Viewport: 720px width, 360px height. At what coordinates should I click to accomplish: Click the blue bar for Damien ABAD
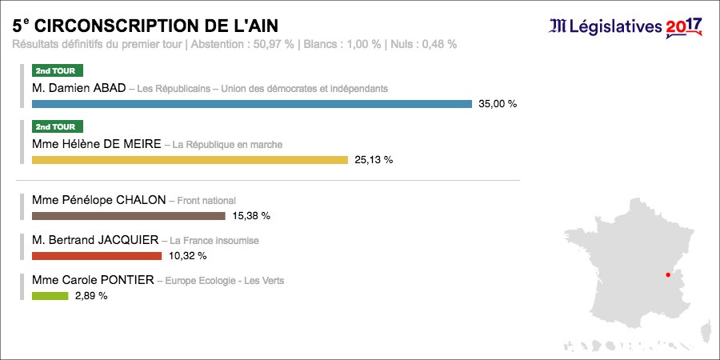(251, 104)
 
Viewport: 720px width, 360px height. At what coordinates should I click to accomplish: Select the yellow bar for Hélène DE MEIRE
(190, 160)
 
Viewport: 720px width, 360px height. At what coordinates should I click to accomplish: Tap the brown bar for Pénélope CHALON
(128, 216)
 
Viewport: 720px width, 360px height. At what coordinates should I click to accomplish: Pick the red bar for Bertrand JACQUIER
(96, 256)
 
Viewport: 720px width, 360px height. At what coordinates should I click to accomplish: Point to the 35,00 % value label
(498, 104)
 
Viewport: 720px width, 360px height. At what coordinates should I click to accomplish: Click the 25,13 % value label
(374, 160)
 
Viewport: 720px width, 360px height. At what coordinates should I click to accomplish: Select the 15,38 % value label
(251, 216)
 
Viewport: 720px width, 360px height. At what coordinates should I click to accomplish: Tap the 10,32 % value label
(187, 256)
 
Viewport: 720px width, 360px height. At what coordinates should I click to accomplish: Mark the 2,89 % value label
(91, 296)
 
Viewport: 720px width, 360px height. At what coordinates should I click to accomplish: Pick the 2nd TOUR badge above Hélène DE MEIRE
(57, 126)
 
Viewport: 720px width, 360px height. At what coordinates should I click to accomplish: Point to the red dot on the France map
(666, 274)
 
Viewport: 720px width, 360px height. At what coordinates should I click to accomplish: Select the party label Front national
(206, 201)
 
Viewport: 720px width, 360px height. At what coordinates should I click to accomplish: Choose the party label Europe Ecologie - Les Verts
(225, 281)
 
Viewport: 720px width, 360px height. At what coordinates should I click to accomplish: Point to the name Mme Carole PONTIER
(92, 281)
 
